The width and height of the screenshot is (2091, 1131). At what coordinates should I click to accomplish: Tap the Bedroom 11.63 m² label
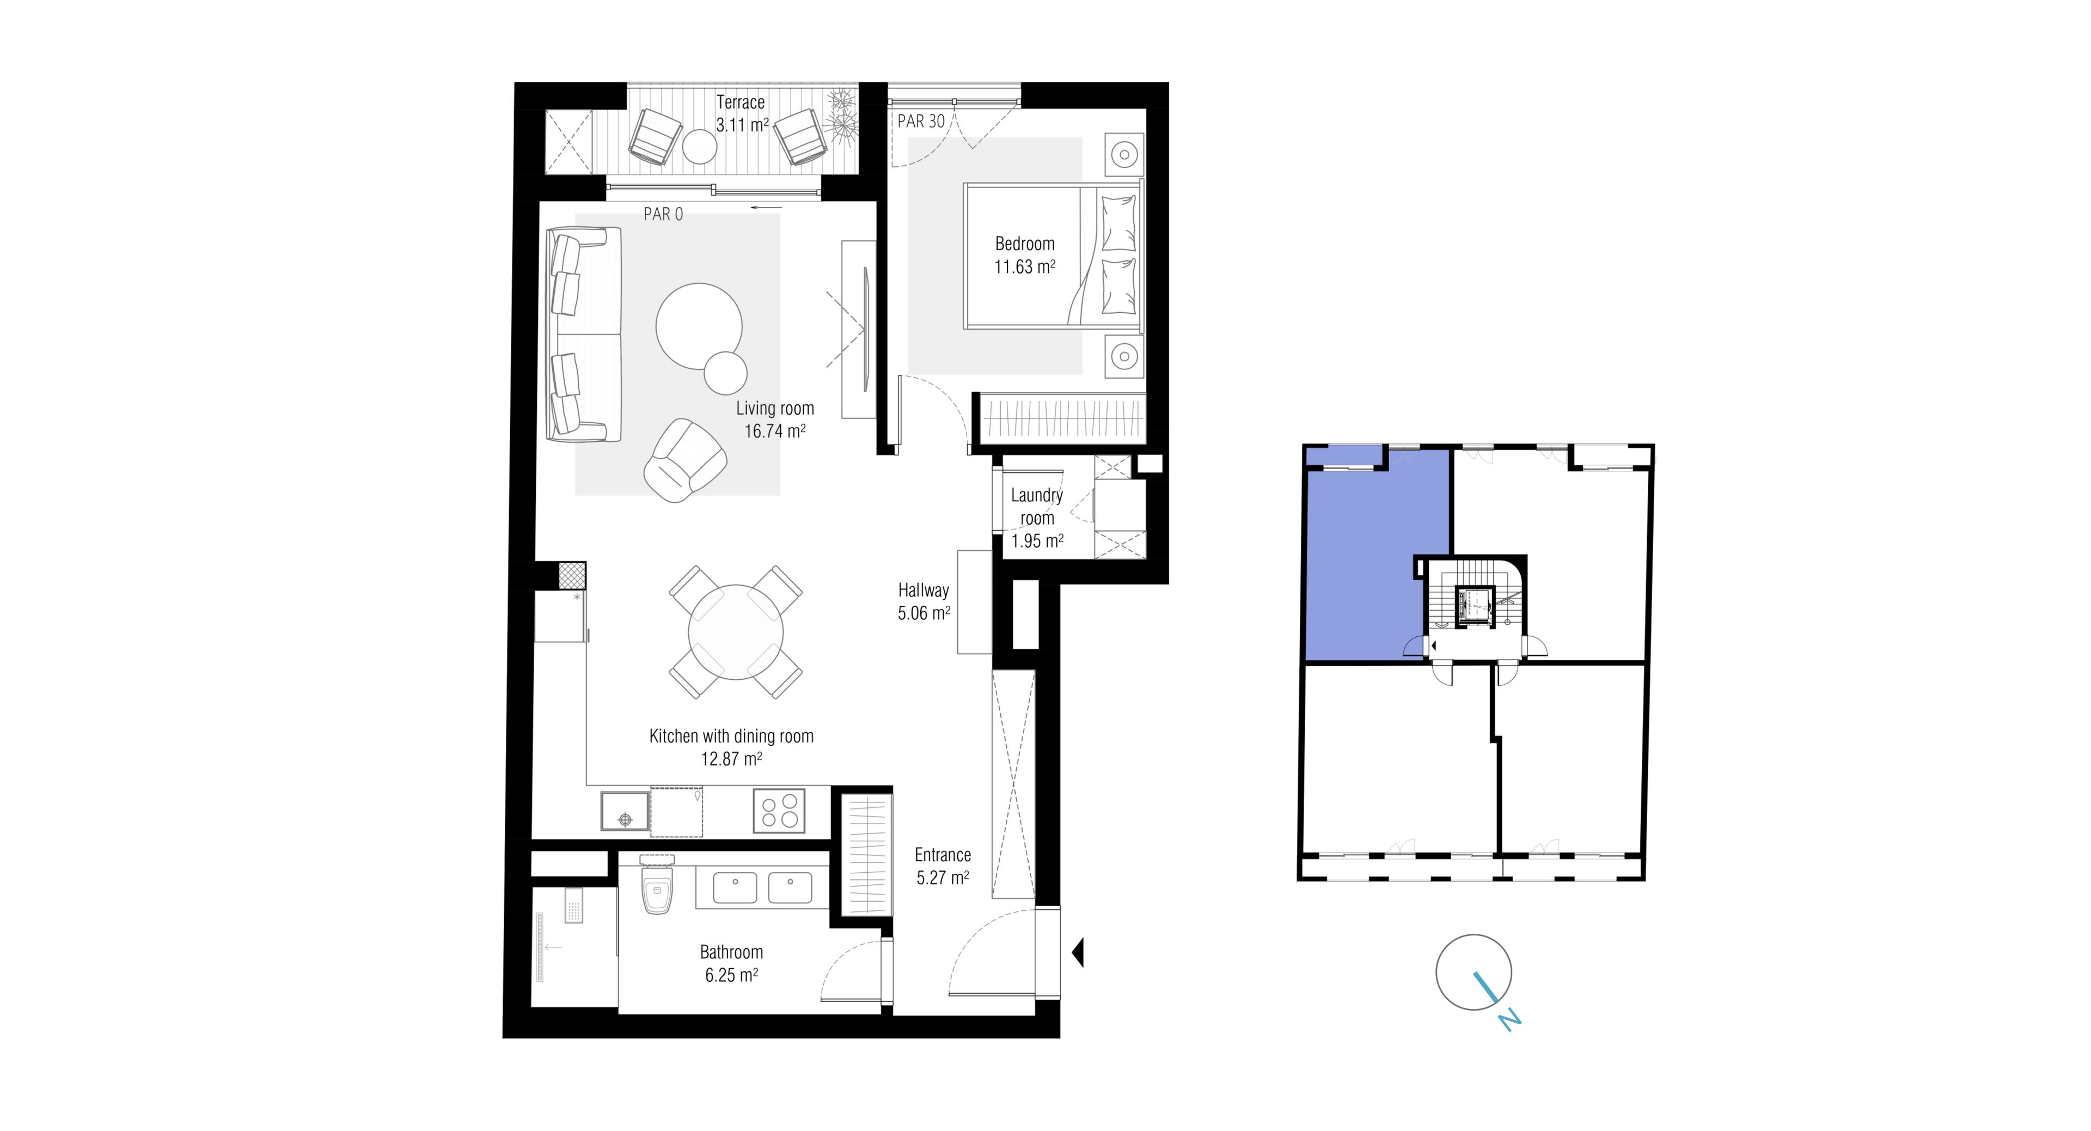pos(1024,255)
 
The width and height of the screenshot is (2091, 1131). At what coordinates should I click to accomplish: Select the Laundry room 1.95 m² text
pos(1037,518)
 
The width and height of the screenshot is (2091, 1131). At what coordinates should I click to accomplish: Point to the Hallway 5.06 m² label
pos(924,601)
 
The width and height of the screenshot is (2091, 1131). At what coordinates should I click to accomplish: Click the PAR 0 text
pos(663,214)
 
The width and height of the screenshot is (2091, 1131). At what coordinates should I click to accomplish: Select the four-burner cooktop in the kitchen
pos(779,810)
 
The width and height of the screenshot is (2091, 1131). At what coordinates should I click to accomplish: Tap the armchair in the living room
pos(683,460)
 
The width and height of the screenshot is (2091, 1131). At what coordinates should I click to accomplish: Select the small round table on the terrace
pos(699,147)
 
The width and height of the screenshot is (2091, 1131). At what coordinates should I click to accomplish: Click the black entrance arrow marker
pos(1078,952)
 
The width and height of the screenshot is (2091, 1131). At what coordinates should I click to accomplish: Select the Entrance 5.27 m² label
pos(943,866)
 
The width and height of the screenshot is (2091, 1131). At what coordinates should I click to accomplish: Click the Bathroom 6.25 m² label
pos(731,963)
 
